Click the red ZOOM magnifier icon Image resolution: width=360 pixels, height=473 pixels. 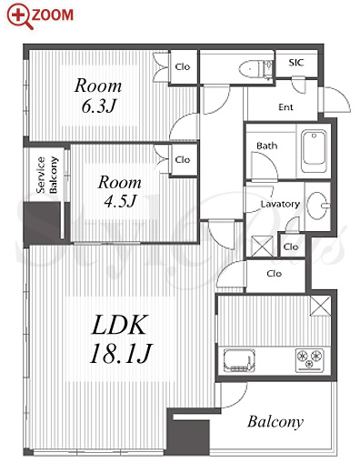click(20, 16)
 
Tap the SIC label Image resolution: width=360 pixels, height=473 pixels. click(295, 63)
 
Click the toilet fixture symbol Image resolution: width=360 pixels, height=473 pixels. click(256, 69)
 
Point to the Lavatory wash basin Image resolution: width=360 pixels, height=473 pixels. click(318, 206)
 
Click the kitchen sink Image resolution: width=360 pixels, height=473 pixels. click(239, 360)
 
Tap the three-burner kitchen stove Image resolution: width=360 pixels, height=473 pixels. click(309, 360)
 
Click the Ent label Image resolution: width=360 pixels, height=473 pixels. click(285, 107)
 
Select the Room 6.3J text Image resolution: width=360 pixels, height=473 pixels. click(98, 96)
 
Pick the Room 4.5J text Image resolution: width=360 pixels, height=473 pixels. click(119, 191)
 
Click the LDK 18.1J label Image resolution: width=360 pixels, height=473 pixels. click(120, 338)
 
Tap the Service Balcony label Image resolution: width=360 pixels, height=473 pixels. click(47, 175)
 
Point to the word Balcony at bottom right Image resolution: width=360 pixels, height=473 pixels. click(275, 422)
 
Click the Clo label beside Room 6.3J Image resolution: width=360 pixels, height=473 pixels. click(183, 66)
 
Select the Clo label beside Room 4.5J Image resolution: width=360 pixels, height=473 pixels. click(183, 159)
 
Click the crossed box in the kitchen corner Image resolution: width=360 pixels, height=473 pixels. click(320, 306)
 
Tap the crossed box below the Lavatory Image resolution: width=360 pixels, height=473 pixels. click(262, 247)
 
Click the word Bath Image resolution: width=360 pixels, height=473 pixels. click(266, 146)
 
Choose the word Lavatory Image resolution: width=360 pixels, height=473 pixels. click(280, 204)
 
